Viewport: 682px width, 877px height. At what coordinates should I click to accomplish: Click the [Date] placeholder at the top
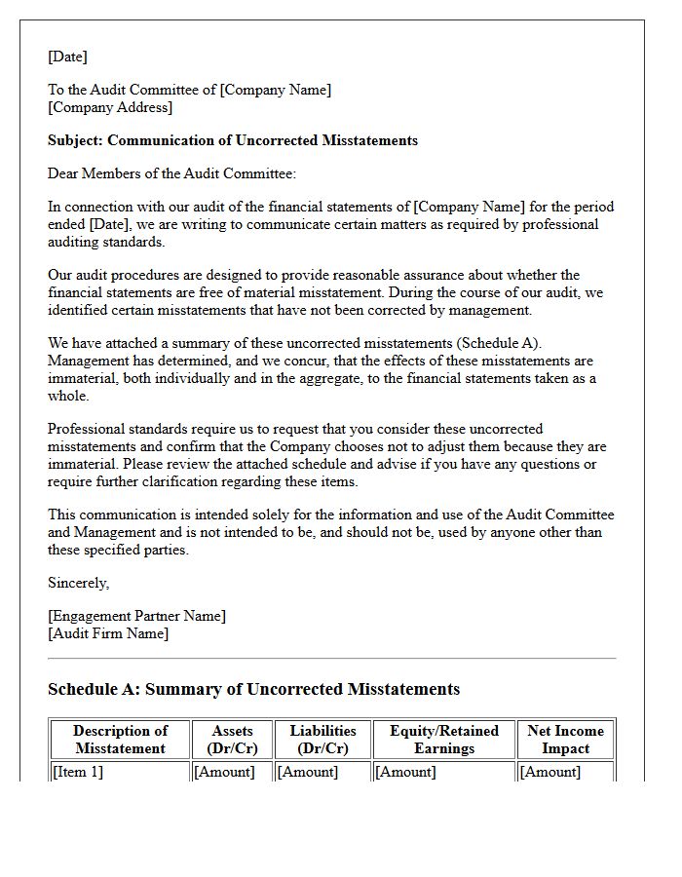coord(67,57)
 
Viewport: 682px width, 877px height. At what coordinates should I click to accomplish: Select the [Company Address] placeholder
coord(110,107)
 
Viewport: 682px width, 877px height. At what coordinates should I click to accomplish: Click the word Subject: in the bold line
coord(76,140)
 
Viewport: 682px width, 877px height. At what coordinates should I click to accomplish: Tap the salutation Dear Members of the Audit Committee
coord(171,173)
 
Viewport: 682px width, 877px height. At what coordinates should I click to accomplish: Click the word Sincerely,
coord(79,583)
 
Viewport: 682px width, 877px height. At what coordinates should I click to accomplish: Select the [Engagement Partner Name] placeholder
coord(136,616)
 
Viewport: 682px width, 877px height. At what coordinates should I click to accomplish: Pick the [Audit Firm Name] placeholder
coord(108,633)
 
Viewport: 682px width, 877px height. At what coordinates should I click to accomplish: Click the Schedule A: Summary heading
coord(253,689)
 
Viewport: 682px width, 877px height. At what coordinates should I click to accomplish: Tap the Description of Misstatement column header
coord(120,740)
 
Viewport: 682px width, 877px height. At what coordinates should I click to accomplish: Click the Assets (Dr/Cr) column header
coord(232,740)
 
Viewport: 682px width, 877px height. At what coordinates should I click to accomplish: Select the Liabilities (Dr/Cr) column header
coord(322,740)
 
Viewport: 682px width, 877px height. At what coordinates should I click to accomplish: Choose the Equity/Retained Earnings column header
coord(443,740)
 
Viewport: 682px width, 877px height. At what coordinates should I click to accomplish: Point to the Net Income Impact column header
coord(565,740)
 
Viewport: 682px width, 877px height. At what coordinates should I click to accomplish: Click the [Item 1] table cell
coord(77,772)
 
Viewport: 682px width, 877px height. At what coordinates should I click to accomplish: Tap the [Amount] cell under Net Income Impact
coord(550,772)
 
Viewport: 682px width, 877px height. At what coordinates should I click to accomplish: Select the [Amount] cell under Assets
coord(224,772)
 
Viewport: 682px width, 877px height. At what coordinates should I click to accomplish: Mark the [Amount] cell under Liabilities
coord(308,772)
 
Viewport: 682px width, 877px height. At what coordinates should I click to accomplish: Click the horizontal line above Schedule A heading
coord(331,659)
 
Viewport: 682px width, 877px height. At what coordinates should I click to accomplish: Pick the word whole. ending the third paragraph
coord(68,396)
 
